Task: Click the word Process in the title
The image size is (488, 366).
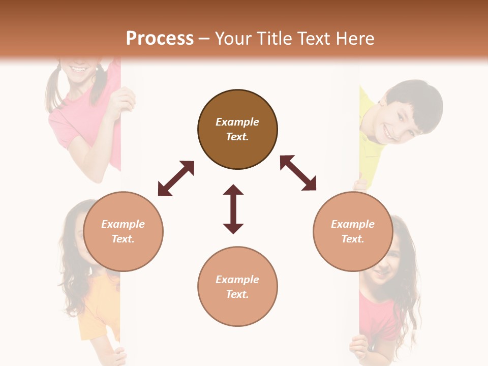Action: pos(160,38)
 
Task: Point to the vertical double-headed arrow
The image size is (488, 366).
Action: pos(233,209)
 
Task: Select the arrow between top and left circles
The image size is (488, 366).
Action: pos(176,178)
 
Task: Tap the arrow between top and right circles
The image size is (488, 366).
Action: pos(298,173)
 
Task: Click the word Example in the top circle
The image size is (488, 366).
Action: pos(237,122)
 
